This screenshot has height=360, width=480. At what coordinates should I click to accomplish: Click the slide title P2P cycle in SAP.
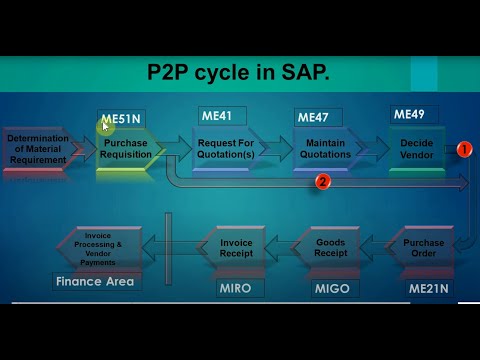tap(239, 73)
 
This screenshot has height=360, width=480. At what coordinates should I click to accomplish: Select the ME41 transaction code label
tap(217, 116)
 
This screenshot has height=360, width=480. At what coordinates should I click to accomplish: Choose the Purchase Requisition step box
tap(126, 148)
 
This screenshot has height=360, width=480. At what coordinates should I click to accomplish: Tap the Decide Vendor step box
tap(416, 148)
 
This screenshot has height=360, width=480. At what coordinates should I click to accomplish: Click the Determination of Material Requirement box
tap(37, 148)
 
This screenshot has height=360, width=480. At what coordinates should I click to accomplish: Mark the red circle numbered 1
tap(464, 149)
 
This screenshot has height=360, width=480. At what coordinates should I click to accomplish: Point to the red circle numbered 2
tap(323, 182)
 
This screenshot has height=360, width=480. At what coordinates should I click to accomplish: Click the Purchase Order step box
tap(424, 248)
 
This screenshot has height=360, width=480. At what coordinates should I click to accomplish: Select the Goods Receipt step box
tap(330, 248)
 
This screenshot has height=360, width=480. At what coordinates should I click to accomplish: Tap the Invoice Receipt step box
tap(237, 248)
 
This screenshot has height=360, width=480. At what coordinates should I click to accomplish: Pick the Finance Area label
tap(95, 282)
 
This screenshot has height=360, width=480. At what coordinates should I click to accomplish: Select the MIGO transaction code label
tap(330, 289)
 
